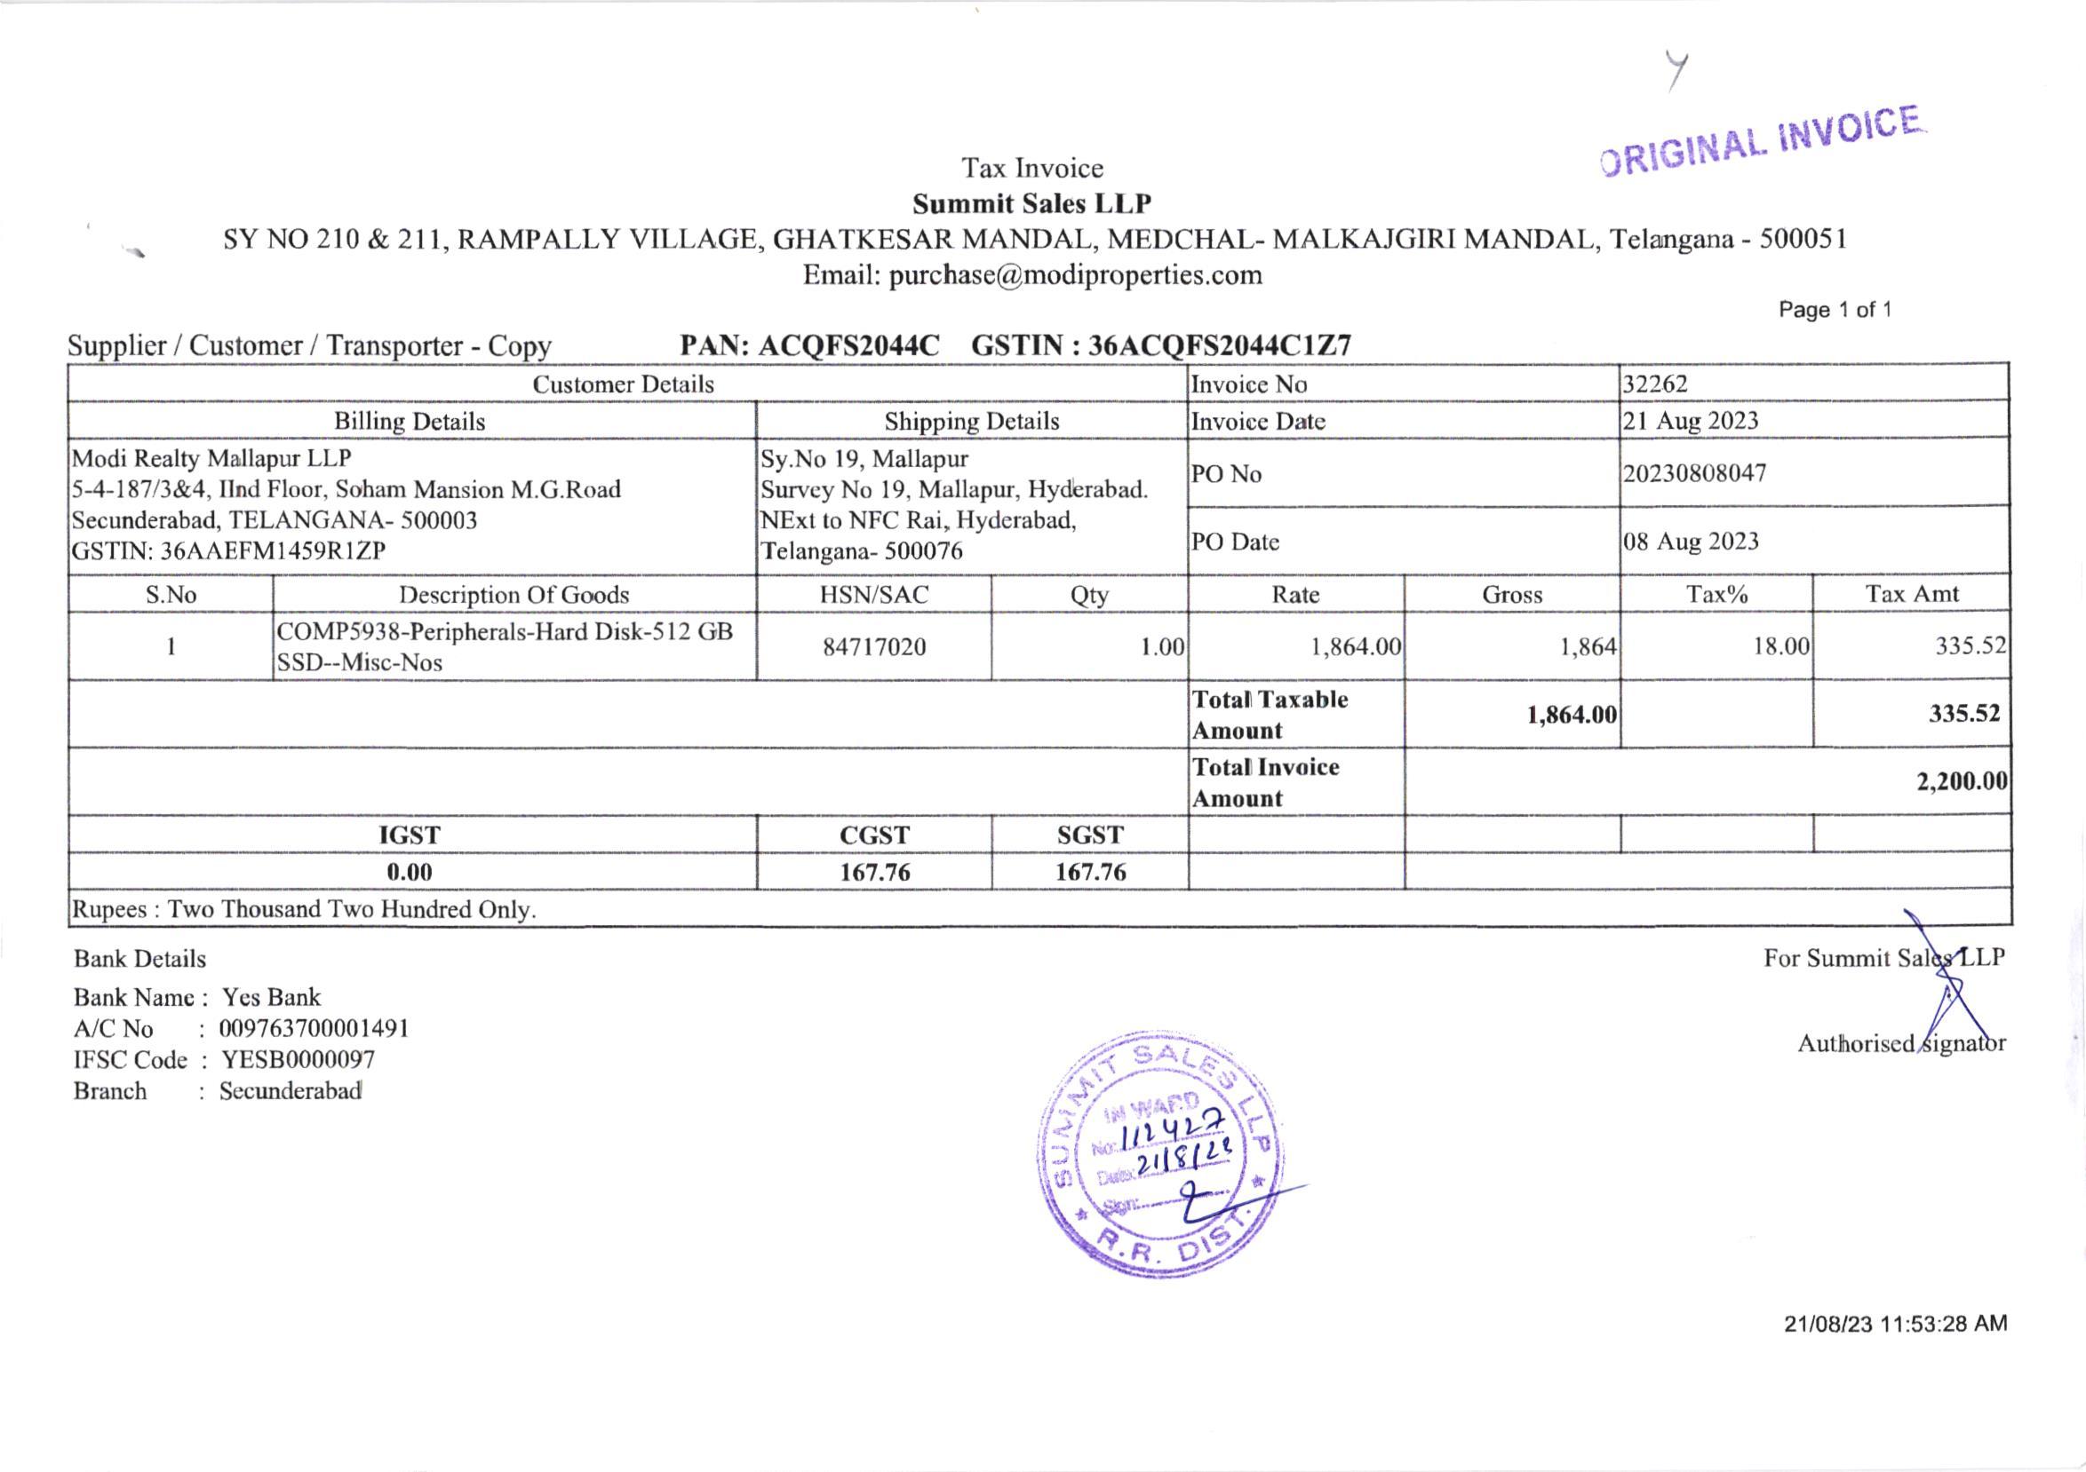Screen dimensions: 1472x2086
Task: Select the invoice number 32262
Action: tap(1655, 384)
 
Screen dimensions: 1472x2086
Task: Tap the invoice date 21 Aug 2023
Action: tap(1691, 421)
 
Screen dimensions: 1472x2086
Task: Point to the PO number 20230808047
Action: tap(1694, 473)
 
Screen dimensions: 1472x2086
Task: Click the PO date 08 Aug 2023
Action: tap(1691, 542)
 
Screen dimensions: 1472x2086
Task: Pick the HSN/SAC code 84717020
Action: tap(874, 646)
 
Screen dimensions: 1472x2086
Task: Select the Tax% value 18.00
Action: tap(1780, 646)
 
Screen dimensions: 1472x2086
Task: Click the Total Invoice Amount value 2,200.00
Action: tap(1962, 781)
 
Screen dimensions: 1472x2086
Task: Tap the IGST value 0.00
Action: tap(410, 872)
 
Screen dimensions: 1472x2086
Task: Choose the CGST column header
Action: tap(874, 835)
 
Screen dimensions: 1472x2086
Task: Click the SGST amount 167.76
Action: tap(1090, 872)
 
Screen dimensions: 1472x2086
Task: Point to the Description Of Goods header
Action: tap(514, 595)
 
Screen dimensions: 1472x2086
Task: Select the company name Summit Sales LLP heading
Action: tap(1032, 203)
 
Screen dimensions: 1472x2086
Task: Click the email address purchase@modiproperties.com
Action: tap(1075, 275)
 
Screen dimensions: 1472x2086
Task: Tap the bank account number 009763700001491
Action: tap(314, 1029)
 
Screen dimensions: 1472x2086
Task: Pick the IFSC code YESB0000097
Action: tap(298, 1060)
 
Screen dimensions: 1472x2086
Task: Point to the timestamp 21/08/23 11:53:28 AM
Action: tap(1895, 1324)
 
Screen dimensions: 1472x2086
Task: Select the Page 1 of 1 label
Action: tap(1835, 310)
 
